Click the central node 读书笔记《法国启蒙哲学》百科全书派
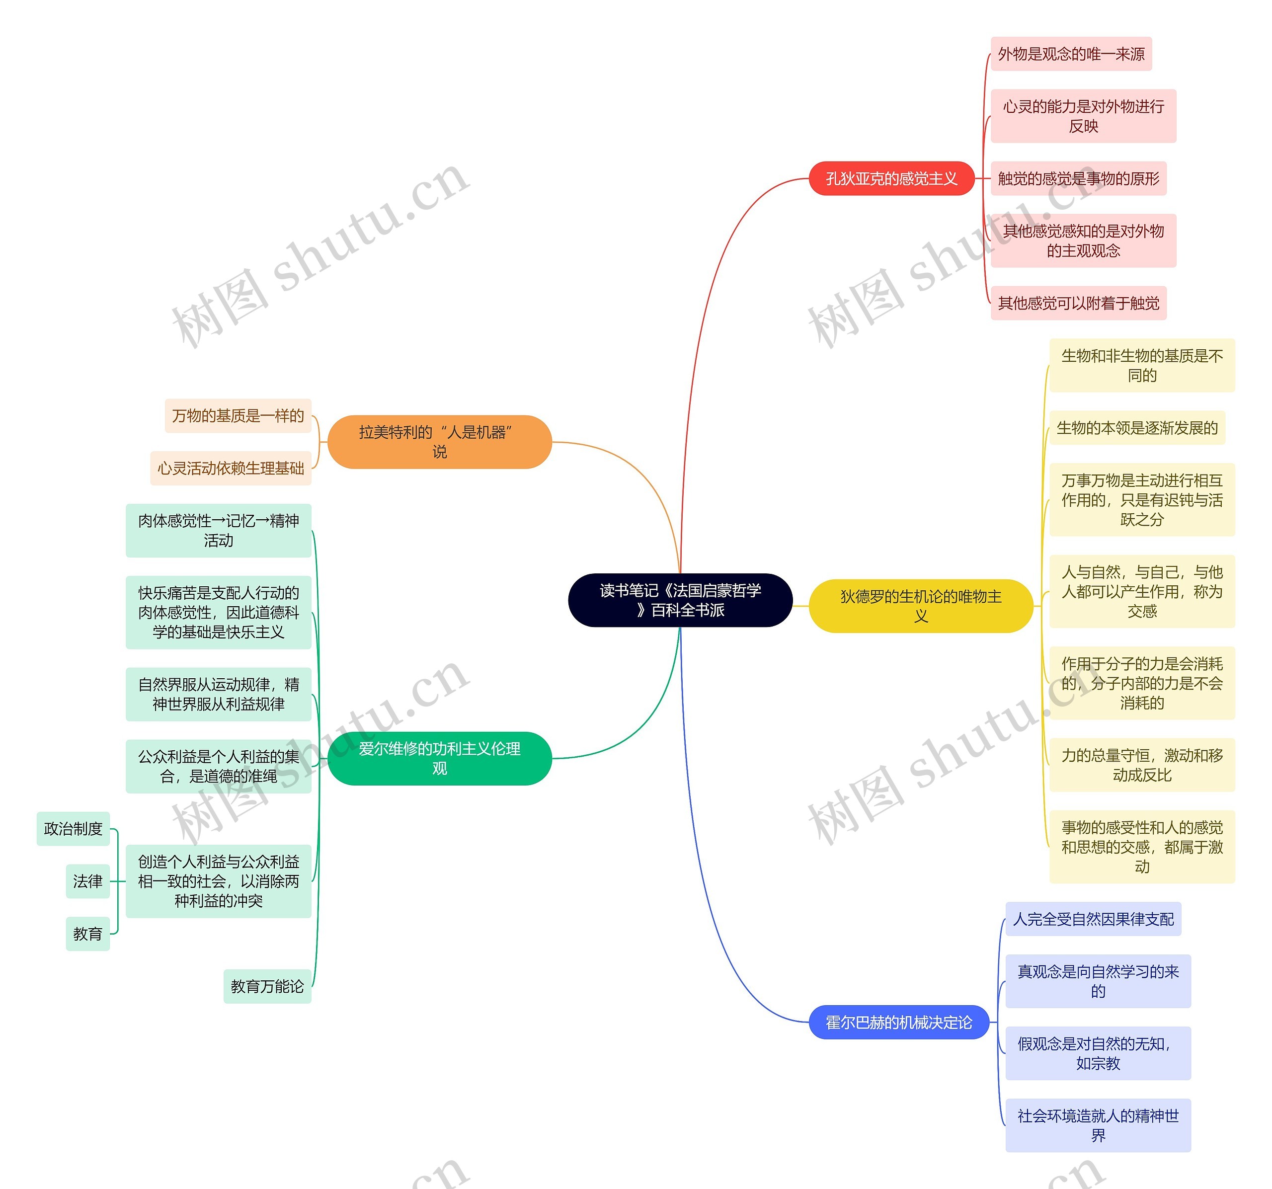coord(680,600)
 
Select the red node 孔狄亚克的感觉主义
coord(891,178)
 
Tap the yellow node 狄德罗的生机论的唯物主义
coord(921,606)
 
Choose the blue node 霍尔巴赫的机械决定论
coord(898,1022)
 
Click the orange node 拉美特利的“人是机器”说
coord(440,442)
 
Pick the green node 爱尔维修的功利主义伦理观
coord(440,758)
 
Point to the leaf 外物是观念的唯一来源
coord(1071,54)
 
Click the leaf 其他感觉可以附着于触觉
coord(1079,303)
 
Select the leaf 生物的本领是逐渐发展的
coord(1137,427)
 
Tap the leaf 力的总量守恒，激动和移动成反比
coord(1142,765)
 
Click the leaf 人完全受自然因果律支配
coord(1094,919)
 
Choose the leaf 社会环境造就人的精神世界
coord(1098,1125)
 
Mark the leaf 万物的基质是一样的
coord(238,415)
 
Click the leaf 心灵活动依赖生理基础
coord(231,468)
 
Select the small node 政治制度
coord(74,829)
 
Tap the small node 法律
coord(87,881)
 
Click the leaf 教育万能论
coord(267,986)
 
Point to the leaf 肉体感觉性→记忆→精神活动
coord(219,531)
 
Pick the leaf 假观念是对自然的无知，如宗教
coord(1098,1053)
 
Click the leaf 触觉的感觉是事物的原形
coord(1079,178)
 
